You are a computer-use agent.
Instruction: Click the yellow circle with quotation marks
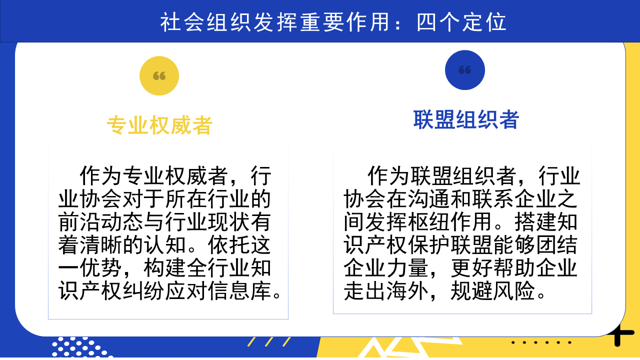159,75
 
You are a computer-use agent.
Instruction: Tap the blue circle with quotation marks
465,70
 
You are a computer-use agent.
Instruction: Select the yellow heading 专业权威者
159,125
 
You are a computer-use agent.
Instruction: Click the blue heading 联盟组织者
466,119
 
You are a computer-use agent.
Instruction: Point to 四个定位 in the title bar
461,22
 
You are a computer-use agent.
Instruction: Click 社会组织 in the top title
205,22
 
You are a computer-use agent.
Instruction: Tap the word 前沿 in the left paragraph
79,221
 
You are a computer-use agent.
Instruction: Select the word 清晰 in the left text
101,245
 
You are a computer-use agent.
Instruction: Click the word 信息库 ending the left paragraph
239,291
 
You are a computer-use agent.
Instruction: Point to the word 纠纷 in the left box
143,291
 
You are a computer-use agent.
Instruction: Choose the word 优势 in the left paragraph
101,268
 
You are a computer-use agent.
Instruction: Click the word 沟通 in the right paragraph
429,199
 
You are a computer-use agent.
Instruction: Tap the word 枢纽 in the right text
429,221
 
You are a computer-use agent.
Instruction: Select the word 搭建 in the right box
535,221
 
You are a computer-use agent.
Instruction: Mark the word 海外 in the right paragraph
407,291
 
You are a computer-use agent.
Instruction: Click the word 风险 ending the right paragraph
514,291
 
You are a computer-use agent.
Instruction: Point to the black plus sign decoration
620,333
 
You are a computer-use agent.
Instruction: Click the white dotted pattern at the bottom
81,347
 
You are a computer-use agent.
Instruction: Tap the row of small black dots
541,342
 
